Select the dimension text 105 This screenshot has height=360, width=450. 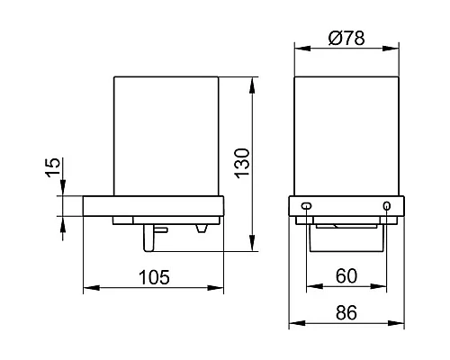[x=153, y=276]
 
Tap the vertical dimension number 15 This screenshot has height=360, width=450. [x=52, y=167]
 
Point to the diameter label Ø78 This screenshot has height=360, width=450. [x=347, y=39]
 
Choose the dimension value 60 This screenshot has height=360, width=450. [x=347, y=276]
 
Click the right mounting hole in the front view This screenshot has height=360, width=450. [x=388, y=206]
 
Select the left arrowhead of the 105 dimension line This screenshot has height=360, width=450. [x=87, y=290]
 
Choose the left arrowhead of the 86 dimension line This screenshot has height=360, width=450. [x=293, y=326]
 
